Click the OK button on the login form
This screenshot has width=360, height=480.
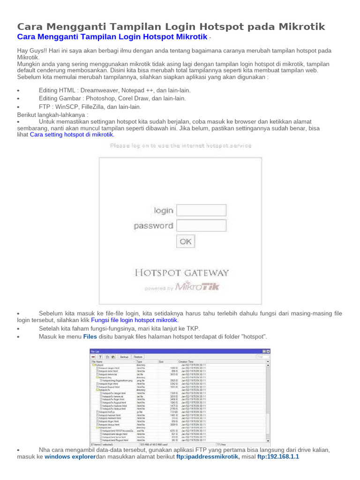186,241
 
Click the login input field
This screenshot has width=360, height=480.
201,210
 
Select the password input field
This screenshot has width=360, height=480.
201,225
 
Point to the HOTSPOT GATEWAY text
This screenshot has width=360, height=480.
182,273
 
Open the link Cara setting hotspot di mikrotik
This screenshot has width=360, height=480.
72,135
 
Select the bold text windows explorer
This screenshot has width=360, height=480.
70,457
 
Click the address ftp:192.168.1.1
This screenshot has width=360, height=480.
278,457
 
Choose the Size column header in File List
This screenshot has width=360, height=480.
161,362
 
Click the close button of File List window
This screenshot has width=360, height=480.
268,351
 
